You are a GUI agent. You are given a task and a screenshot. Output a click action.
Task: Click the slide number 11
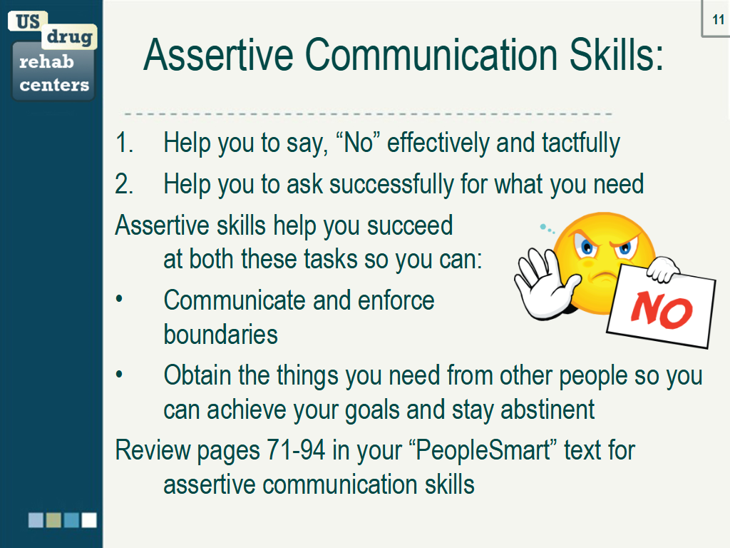coord(719,19)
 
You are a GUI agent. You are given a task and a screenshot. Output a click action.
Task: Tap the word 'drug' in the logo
coord(69,37)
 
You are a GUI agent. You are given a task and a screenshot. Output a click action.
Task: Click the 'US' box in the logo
coord(28,21)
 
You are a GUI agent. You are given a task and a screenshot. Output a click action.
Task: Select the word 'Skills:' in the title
coord(617,54)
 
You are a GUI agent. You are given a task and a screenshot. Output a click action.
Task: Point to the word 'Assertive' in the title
coord(218,54)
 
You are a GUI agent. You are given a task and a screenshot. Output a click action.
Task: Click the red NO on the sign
coord(662,310)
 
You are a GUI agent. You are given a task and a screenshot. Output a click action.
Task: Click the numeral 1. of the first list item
coord(124,142)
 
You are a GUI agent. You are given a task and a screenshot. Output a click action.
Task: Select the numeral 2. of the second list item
coord(124,183)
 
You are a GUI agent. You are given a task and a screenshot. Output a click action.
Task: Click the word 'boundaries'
coord(221,334)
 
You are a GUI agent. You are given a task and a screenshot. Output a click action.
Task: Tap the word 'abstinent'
coord(547,410)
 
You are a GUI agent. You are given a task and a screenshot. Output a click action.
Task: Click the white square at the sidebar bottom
coord(89,520)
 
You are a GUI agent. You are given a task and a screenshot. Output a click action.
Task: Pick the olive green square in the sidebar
coord(53,520)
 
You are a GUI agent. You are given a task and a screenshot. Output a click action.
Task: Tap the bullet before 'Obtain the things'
coord(119,374)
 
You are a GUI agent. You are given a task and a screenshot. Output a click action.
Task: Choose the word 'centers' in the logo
coord(54,85)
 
